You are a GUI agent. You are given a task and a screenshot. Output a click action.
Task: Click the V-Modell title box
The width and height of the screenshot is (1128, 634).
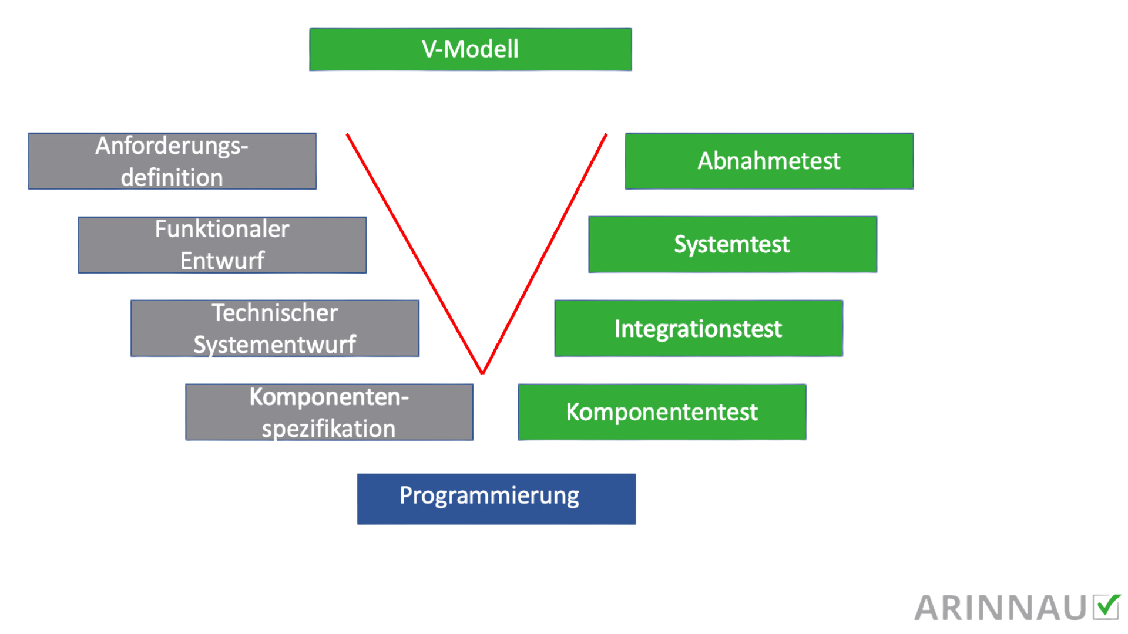(470, 49)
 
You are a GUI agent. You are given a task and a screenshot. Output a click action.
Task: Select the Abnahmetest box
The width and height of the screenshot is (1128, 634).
(769, 161)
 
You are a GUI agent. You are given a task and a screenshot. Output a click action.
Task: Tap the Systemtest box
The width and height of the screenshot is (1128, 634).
(732, 244)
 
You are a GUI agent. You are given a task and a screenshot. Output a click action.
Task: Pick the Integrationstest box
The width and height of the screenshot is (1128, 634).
(698, 329)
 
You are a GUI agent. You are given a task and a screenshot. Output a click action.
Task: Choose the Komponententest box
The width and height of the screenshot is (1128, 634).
(662, 412)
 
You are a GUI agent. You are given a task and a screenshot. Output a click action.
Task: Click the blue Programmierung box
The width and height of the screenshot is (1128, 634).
(496, 499)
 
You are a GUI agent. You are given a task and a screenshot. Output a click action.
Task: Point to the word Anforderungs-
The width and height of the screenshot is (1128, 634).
(172, 146)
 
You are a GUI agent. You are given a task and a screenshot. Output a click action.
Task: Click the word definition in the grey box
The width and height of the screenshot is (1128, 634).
(172, 178)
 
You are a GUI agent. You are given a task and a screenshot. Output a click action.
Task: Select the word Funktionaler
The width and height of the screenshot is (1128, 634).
(222, 230)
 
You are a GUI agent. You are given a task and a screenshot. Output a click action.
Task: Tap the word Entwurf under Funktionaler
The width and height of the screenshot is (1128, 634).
(222, 261)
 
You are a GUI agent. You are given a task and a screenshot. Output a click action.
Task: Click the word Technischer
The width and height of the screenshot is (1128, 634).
(274, 313)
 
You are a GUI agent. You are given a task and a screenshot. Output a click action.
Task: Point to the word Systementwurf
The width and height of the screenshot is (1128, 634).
(274, 345)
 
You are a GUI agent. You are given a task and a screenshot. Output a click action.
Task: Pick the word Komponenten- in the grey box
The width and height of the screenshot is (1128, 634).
(328, 397)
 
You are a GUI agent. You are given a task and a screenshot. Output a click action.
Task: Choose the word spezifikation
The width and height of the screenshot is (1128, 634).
(328, 429)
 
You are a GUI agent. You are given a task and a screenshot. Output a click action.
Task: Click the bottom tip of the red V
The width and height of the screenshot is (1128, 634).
(482, 372)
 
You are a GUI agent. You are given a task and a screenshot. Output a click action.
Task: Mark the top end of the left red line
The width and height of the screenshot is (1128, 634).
(348, 134)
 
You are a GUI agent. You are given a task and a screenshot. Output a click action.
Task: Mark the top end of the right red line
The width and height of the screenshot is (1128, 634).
(606, 134)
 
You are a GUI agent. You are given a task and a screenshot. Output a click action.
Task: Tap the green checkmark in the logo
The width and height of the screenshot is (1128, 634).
(1107, 606)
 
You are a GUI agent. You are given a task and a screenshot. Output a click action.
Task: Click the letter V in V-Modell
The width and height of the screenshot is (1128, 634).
(429, 49)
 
